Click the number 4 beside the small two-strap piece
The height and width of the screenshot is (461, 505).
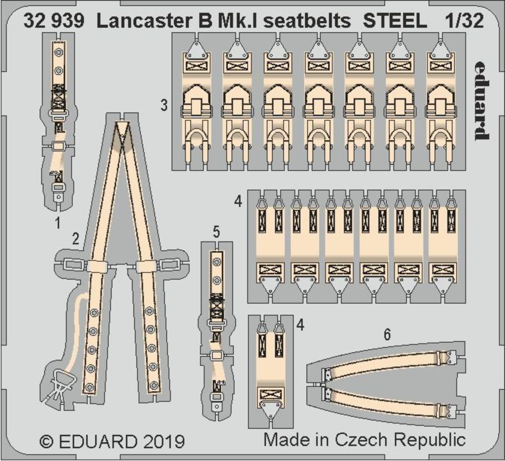tap(300, 326)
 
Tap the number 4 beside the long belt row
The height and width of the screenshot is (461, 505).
tap(238, 201)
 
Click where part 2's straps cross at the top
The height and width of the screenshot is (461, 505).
tap(121, 132)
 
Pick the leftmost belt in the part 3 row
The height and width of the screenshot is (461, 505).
tap(194, 101)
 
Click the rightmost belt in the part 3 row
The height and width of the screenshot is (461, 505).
tap(440, 101)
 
